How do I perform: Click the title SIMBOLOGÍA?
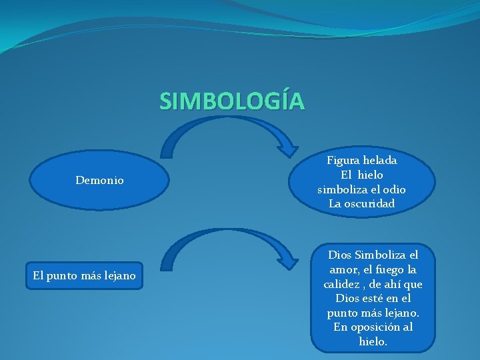pyautogui.click(x=232, y=101)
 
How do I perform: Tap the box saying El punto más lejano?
pyautogui.click(x=84, y=275)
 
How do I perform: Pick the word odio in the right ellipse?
pyautogui.click(x=393, y=189)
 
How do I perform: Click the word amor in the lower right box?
pyautogui.click(x=340, y=270)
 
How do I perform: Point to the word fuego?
pyautogui.click(x=389, y=270)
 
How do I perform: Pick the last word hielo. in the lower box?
pyautogui.click(x=373, y=341)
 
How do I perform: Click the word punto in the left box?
pyautogui.click(x=65, y=275)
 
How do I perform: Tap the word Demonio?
pyautogui.click(x=99, y=181)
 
